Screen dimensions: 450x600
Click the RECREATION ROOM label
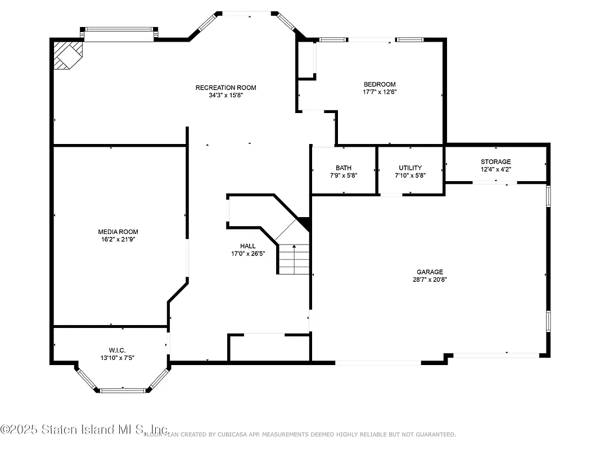(x=225, y=87)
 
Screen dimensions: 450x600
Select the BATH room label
(x=344, y=168)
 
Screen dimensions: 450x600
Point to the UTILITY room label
(x=410, y=168)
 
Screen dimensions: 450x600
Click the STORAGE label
(x=495, y=161)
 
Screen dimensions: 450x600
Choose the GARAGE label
(x=430, y=272)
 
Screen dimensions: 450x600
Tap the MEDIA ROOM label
(x=118, y=232)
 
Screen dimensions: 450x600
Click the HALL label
(x=247, y=246)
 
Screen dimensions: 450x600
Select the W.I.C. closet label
(x=117, y=350)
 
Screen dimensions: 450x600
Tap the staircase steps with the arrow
(x=294, y=259)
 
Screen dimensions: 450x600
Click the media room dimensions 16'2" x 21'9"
(x=118, y=239)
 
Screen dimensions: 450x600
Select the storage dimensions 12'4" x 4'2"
(x=495, y=169)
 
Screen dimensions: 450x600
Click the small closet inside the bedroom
(x=306, y=59)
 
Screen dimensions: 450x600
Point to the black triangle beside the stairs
(x=304, y=223)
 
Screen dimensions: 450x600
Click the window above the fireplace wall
(x=119, y=34)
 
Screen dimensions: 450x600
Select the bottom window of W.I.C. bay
(x=122, y=390)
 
